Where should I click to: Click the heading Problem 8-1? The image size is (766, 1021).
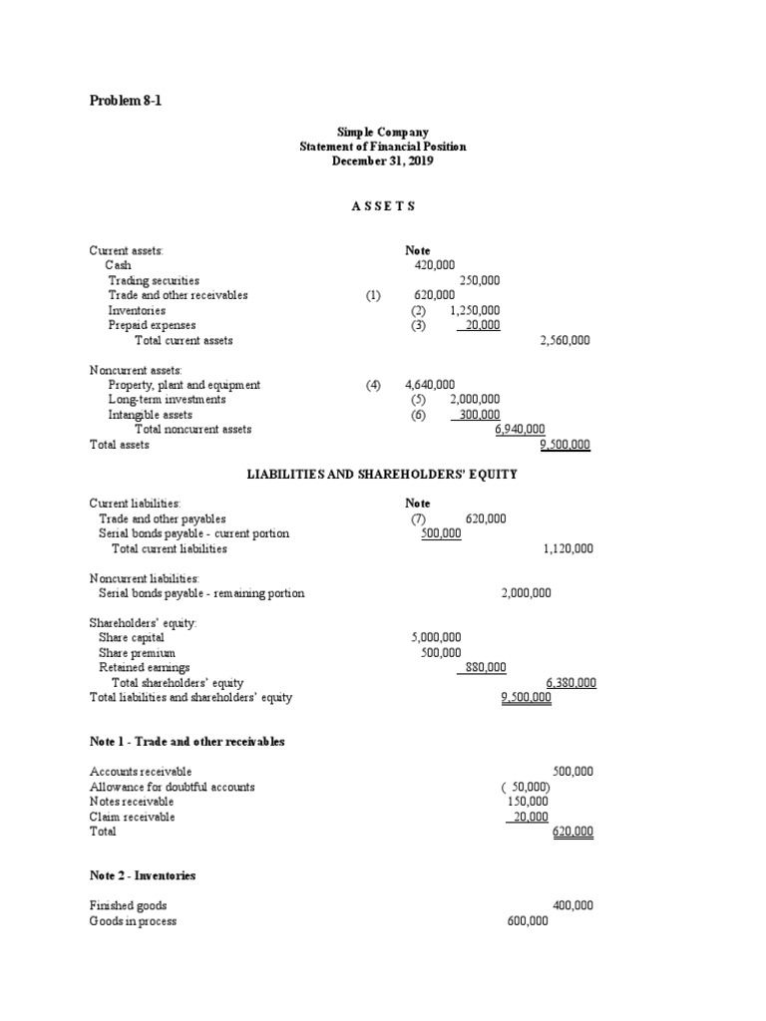pos(125,101)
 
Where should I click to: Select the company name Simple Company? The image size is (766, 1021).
pos(383,132)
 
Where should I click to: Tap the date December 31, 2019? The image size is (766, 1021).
pos(383,162)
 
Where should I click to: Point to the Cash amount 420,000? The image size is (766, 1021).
pos(434,266)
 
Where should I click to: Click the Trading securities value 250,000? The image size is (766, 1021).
pos(479,281)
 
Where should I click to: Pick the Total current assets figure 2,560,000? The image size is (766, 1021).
pos(565,340)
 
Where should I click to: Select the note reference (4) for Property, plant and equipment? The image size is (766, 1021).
pos(373,385)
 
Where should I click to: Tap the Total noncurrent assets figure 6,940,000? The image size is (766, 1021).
pos(520,430)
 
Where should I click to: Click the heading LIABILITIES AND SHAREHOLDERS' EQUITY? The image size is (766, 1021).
pos(382,475)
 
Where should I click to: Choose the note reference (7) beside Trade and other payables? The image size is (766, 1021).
pos(418,518)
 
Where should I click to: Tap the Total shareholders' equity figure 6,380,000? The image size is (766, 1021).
pos(571,683)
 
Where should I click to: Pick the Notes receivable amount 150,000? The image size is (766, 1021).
pos(528,802)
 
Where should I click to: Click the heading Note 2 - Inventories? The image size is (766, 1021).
pos(143,875)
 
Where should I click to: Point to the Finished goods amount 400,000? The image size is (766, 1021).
pos(573,905)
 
